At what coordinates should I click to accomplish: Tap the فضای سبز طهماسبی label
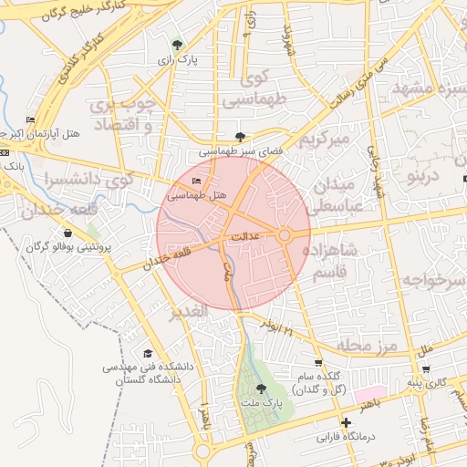click(x=232, y=150)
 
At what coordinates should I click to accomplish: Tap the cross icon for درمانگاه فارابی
click(x=346, y=423)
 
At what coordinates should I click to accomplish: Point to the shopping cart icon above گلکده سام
click(x=317, y=362)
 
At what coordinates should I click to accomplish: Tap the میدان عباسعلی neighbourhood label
click(x=343, y=195)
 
